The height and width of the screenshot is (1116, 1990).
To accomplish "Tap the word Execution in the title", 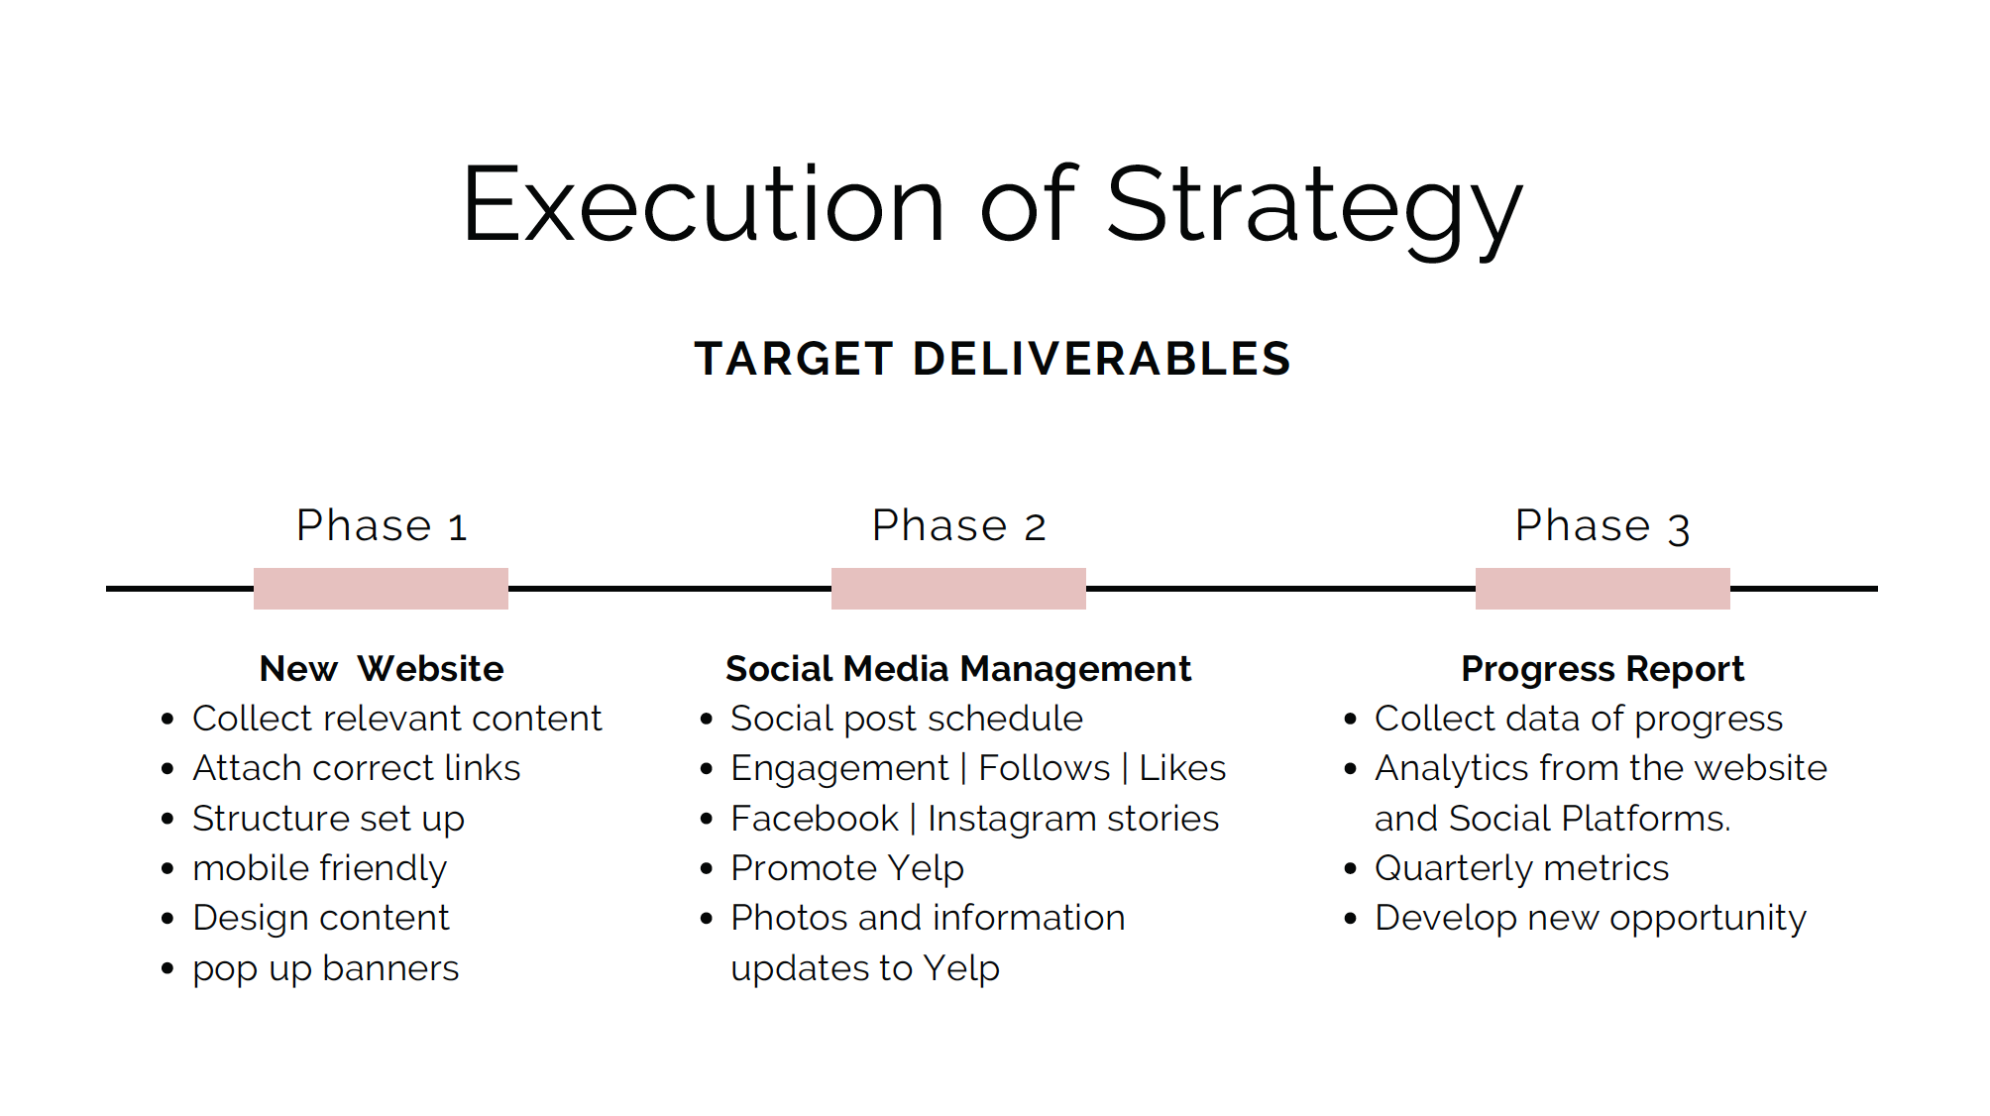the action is pos(704,205).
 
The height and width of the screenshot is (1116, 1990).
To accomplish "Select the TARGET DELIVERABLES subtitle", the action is pos(993,359).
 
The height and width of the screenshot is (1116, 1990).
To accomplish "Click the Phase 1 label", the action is pos(382,525).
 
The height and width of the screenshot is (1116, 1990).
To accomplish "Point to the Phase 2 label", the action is pos(958,525).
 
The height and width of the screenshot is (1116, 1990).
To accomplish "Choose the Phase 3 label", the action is pos(1603,526).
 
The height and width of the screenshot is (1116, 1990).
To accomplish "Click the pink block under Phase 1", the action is pos(381,589).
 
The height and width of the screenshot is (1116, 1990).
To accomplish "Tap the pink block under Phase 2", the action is pos(958,589).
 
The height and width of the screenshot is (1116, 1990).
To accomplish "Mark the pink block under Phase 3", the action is pos(1603,589).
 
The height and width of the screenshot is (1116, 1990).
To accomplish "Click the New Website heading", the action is pos(382,669).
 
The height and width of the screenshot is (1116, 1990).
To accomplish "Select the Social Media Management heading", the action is pos(958,670).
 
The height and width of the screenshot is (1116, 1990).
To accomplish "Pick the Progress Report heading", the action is pos(1603,670).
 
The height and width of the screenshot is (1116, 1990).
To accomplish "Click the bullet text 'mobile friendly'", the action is pos(320,869).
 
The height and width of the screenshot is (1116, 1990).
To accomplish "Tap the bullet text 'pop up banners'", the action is pos(326,969).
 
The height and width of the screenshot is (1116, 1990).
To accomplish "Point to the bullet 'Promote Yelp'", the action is pos(847,869).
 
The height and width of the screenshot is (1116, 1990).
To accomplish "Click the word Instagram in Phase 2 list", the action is pos(1012,820).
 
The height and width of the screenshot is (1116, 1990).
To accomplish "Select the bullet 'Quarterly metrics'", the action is pos(1522,869).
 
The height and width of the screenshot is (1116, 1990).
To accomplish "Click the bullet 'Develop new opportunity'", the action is pos(1591,919).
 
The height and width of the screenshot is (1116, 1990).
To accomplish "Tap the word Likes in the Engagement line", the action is pos(1182,768).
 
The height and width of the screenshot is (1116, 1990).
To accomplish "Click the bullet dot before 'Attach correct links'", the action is pos(167,769).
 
